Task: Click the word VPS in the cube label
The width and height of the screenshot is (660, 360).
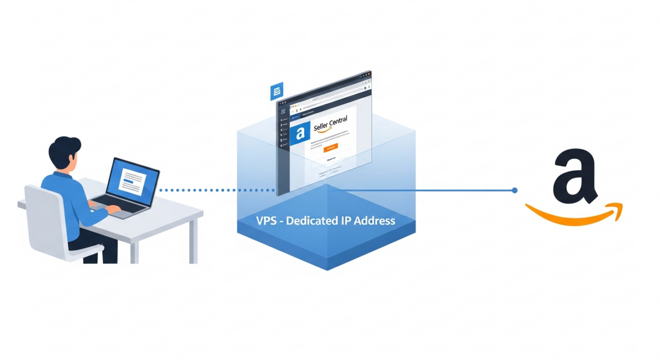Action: (x=266, y=221)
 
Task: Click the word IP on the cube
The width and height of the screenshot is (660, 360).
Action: (x=346, y=221)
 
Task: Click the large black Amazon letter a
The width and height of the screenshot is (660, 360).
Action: (x=575, y=176)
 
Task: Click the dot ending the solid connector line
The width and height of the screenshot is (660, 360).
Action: (x=514, y=190)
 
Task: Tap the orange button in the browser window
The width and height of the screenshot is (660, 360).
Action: (x=330, y=149)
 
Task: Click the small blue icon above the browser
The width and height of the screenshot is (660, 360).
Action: (x=277, y=91)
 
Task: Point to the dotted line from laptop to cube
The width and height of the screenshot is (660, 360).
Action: (x=217, y=190)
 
